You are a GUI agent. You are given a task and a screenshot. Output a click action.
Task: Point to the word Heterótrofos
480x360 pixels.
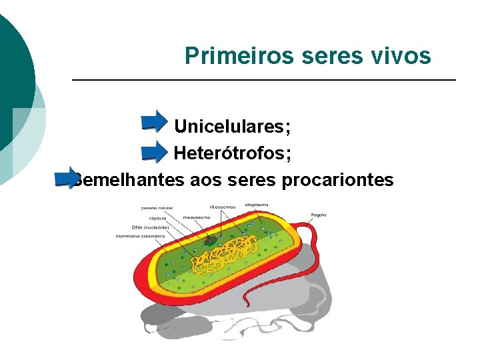pyautogui.click(x=232, y=154)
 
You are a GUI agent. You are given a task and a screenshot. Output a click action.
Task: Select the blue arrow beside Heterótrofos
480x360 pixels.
pyautogui.click(x=154, y=151)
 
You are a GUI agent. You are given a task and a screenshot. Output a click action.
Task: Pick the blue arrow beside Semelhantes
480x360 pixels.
pyautogui.click(x=67, y=177)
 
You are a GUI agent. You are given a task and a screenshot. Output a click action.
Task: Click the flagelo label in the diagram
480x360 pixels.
pyautogui.click(x=318, y=215)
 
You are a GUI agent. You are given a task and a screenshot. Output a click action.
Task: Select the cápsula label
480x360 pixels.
pyautogui.click(x=157, y=218)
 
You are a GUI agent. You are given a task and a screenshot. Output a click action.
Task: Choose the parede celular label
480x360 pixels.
pyautogui.click(x=157, y=208)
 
